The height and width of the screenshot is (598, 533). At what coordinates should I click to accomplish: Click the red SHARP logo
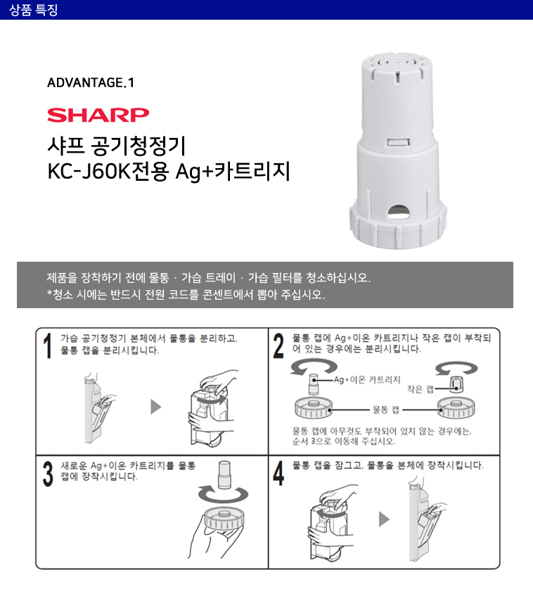click(98, 115)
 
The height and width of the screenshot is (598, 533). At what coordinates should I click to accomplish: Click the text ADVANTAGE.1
click(91, 83)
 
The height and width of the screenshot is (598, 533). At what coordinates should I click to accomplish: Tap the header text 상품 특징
click(34, 10)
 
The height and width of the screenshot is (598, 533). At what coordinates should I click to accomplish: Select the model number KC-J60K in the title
click(89, 171)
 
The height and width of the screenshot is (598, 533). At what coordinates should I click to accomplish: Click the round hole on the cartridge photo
click(399, 212)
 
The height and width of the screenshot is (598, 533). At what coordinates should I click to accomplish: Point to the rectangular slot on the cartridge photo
click(399, 143)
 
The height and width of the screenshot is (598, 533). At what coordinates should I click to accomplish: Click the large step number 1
click(48, 346)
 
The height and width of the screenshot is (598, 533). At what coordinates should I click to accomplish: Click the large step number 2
click(278, 346)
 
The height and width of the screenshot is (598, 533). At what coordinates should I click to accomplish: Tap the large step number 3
click(48, 474)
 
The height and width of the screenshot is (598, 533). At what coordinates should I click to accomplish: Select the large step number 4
click(278, 473)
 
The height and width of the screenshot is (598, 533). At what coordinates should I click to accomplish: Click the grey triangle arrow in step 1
click(156, 407)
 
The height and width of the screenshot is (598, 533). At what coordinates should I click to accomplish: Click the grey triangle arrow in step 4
click(384, 519)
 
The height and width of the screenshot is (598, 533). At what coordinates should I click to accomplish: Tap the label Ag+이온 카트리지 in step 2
click(367, 380)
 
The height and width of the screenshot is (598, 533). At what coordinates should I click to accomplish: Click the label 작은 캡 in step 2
click(420, 389)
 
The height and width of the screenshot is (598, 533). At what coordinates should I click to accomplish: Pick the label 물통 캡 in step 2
click(386, 410)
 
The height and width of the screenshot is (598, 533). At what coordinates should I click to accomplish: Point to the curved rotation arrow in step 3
click(223, 495)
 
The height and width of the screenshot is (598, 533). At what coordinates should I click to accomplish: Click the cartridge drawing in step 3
click(224, 475)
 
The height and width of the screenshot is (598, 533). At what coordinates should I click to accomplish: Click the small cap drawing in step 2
click(456, 384)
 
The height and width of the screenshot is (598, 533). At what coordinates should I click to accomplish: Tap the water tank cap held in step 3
click(224, 519)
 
